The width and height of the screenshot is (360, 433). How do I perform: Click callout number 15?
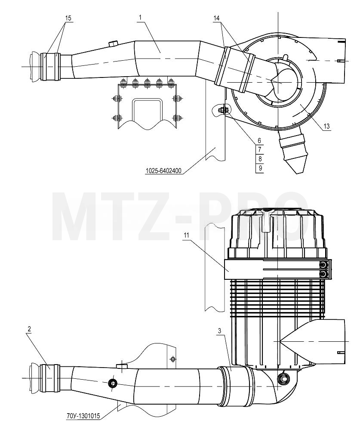pyautogui.click(x=68, y=18)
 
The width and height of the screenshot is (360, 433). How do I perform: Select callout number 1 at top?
pyautogui.click(x=140, y=17)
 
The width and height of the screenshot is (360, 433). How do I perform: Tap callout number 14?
pyautogui.click(x=216, y=18)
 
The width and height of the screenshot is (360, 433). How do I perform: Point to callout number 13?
pyautogui.click(x=326, y=127)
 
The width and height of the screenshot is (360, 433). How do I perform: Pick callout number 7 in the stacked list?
pyautogui.click(x=260, y=150)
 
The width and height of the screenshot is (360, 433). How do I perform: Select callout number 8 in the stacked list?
pyautogui.click(x=260, y=159)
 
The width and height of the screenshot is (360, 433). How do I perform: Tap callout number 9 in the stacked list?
pyautogui.click(x=260, y=168)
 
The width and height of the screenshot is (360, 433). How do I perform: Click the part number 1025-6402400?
pyautogui.click(x=163, y=171)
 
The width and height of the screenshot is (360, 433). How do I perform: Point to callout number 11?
pyautogui.click(x=187, y=235)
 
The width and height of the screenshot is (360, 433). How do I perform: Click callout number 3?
pyautogui.click(x=220, y=331)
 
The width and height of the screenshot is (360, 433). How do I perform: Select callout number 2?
pyautogui.click(x=29, y=329)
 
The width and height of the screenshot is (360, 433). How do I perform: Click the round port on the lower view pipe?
pyautogui.click(x=113, y=383)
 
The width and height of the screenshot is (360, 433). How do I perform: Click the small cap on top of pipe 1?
pyautogui.click(x=113, y=43)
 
